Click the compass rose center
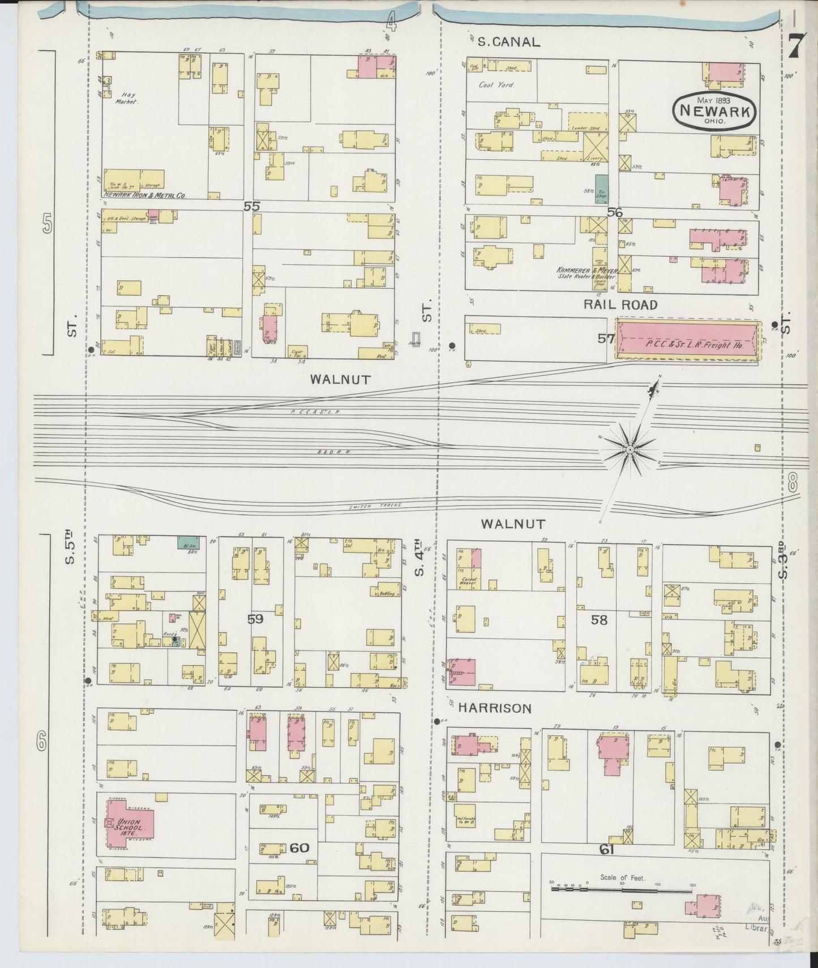click(x=629, y=449)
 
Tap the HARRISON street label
click(x=494, y=708)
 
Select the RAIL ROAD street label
click(x=620, y=305)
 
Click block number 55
click(x=251, y=206)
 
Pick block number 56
click(x=614, y=212)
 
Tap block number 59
click(x=255, y=619)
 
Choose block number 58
click(x=599, y=620)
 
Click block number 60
click(x=299, y=847)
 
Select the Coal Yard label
click(x=496, y=85)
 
